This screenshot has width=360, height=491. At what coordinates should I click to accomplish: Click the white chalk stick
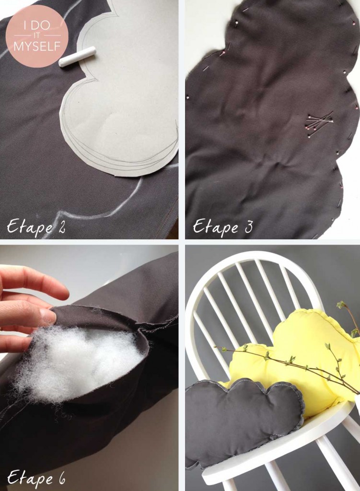pos(77,57)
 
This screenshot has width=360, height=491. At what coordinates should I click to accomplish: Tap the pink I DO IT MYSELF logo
pos(36,35)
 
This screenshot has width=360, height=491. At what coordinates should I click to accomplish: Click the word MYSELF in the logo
pos(37,47)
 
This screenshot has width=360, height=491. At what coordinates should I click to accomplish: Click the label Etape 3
pos(222,227)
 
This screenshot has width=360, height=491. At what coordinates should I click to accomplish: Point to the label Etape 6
pos(36,478)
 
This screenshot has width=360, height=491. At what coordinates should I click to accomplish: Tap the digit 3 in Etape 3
pos(248,227)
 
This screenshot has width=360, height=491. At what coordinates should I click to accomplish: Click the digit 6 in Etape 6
pos(61,478)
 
